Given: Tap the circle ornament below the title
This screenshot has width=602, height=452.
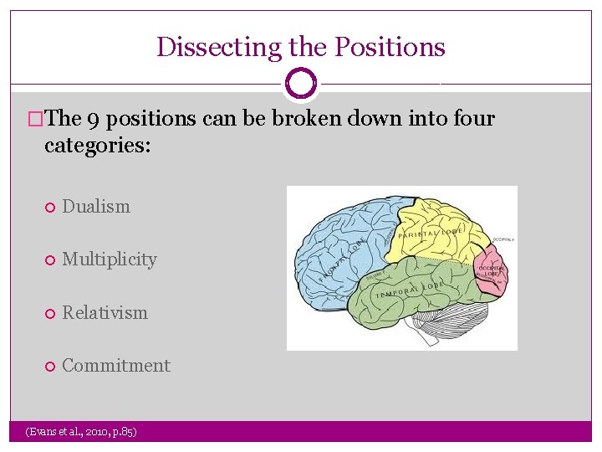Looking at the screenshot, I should (301, 84).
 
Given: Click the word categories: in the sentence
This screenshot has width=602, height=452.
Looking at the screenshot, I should (97, 146).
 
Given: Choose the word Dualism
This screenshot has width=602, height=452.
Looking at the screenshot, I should (96, 206).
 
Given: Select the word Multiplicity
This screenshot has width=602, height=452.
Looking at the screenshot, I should (110, 259).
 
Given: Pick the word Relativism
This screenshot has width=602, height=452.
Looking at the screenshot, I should (105, 312).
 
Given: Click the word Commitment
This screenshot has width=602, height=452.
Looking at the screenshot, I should (116, 366).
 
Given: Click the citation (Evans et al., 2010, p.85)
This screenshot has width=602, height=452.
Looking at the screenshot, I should (81, 431).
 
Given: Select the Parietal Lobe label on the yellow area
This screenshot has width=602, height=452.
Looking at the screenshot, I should (431, 233).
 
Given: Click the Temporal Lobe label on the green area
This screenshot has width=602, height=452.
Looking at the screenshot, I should (408, 290).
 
